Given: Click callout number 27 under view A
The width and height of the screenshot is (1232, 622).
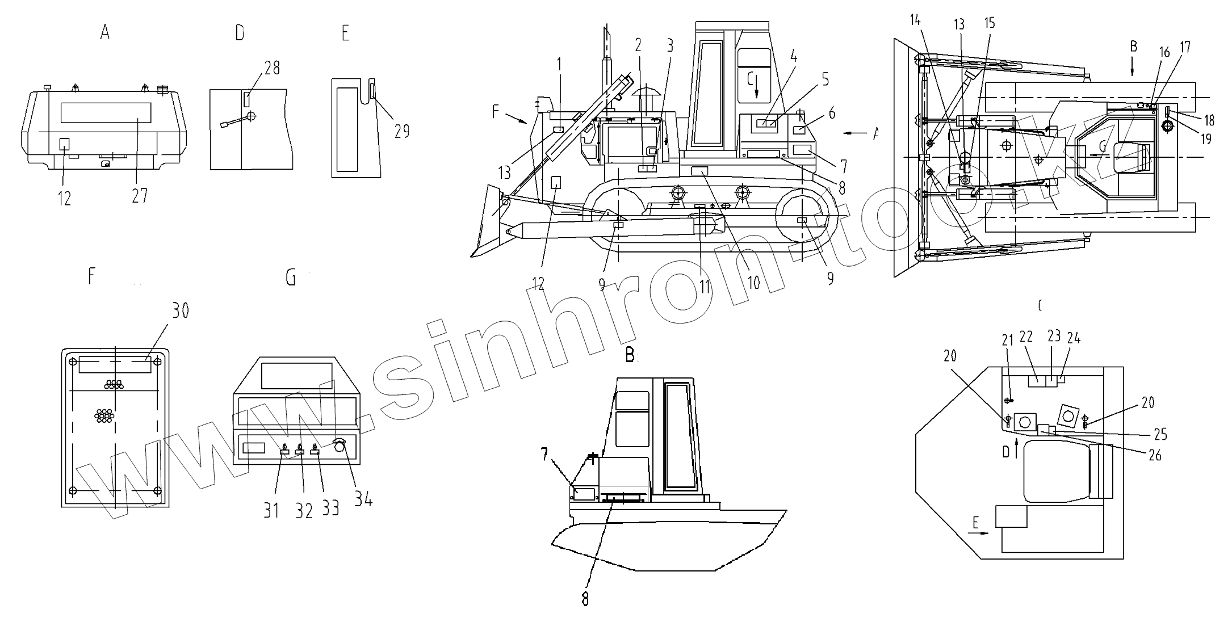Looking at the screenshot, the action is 140,195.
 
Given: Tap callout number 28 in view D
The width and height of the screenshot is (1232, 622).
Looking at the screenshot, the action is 272,68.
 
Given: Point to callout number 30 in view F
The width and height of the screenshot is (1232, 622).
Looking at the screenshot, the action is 180,310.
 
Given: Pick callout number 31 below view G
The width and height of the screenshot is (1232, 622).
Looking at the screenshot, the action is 271,510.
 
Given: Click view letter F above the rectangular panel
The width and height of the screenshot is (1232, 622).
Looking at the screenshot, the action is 92,277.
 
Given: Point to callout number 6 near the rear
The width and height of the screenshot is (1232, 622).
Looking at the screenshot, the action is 832,113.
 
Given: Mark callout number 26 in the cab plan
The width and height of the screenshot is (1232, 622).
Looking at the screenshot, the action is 1155,455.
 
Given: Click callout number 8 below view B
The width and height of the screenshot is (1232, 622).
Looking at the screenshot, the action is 585,598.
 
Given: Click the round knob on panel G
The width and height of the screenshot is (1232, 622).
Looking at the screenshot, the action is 340,447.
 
